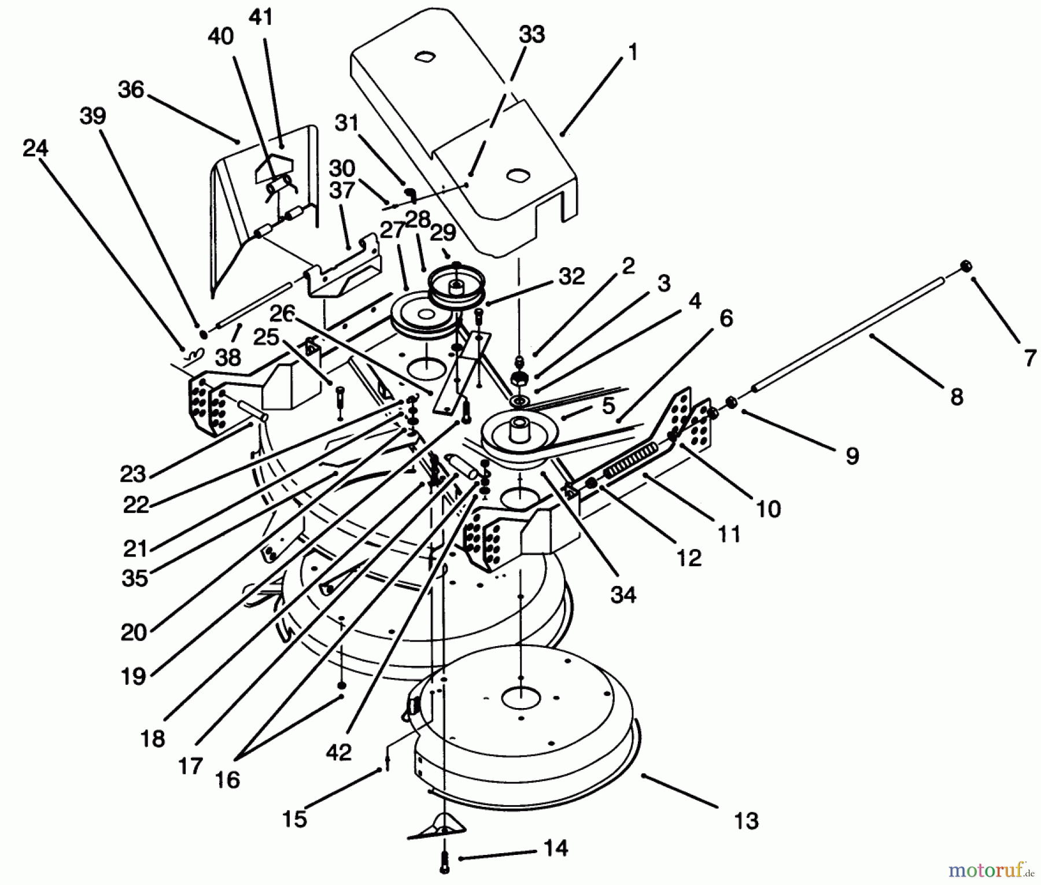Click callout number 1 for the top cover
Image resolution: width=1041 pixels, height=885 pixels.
633,53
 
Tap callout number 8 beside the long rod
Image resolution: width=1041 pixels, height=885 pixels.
957,397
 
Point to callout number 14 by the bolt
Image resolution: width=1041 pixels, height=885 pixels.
556,849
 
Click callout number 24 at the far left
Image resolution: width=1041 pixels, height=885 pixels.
35,149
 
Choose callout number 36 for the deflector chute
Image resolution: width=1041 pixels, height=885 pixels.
131,90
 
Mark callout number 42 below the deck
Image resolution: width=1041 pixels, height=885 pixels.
338,752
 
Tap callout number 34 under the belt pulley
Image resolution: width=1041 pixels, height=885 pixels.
623,594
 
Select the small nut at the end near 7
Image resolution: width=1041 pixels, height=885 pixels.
965,265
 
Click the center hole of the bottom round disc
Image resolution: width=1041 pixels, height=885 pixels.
520,698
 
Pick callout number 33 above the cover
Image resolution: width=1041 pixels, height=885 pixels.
531,34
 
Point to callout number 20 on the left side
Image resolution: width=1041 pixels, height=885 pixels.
134,632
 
